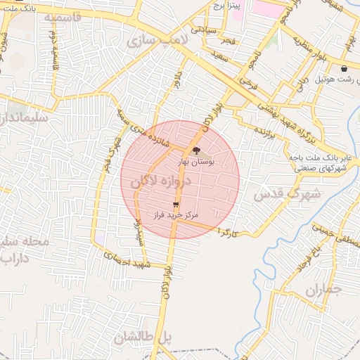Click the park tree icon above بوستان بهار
click(196, 150)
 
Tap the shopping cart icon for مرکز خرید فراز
click(175, 204)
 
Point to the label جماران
click(323, 289)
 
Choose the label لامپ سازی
click(157, 42)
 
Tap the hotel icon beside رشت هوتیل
click(344, 69)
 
